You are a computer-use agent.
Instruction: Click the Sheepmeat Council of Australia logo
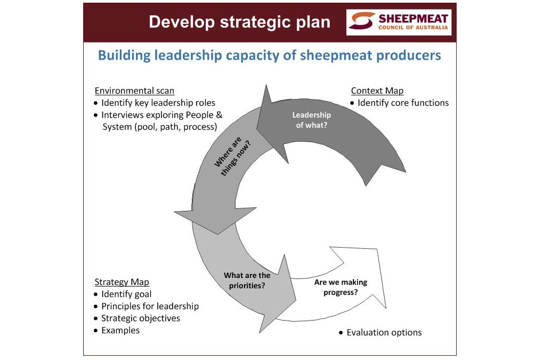click(399, 22)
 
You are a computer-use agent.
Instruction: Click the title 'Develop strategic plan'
click(240, 22)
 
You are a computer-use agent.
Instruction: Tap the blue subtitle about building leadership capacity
click(270, 55)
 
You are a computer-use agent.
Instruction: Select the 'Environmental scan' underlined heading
click(134, 91)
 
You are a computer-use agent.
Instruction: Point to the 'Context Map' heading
click(377, 91)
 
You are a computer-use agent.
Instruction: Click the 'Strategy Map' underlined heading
click(122, 282)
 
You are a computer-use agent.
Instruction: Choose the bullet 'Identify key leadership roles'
click(158, 103)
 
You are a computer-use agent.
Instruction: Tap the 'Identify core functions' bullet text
click(403, 103)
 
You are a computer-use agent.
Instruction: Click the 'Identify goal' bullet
click(126, 294)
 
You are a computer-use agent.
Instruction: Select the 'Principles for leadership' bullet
click(150, 306)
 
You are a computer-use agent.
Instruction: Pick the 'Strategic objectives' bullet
click(141, 318)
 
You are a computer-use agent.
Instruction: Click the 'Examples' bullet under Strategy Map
click(120, 330)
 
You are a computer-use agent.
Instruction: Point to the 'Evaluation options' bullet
click(384, 333)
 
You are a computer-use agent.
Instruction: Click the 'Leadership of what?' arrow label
click(312, 120)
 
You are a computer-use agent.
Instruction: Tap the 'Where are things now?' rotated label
click(232, 156)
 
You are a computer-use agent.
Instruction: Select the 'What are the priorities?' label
click(247, 280)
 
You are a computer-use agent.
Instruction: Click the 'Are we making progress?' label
click(341, 288)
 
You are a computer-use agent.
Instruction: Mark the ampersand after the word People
click(219, 115)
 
